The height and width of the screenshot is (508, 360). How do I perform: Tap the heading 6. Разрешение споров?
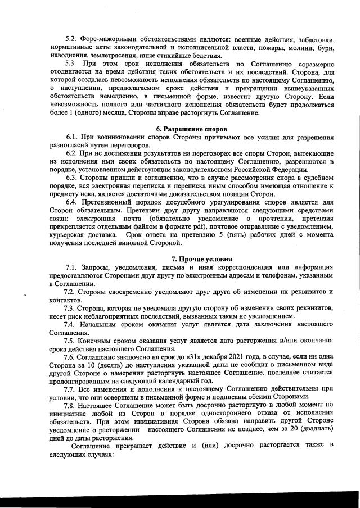coord(187,129)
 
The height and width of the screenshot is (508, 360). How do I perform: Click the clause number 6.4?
coord(73,202)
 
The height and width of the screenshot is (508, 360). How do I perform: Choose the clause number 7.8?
coord(73,405)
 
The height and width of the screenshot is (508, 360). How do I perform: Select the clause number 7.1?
coord(73,267)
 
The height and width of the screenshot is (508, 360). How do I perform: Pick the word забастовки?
coord(314,40)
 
